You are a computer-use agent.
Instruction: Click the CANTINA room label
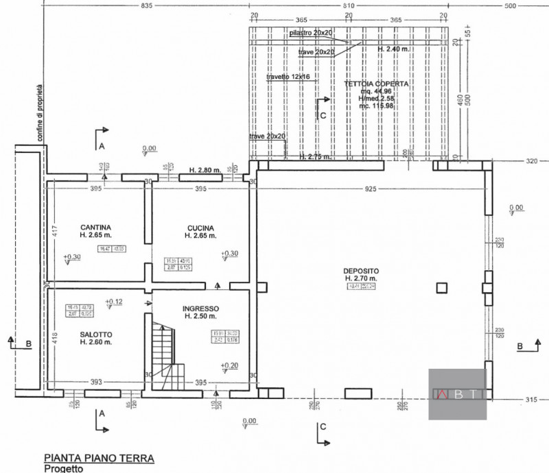95,228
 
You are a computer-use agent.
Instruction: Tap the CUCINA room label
200,228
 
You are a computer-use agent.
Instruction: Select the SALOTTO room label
95,334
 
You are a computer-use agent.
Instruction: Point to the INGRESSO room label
200,308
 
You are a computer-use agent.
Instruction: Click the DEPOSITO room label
361,271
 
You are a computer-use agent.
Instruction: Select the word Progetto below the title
64,469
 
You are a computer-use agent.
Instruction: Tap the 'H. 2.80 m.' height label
205,169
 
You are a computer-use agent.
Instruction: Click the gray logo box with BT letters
457,394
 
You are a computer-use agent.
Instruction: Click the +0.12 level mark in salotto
113,302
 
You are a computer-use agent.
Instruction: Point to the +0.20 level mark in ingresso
229,365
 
